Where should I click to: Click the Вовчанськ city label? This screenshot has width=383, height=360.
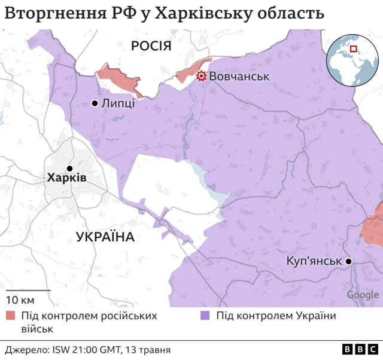240,77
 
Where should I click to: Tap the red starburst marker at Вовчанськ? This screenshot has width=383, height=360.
202,76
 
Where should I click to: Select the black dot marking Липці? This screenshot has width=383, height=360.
95,104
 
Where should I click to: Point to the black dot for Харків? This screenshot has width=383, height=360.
69,168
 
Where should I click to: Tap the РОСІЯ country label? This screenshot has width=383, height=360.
151,46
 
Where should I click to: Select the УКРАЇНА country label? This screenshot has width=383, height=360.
105,237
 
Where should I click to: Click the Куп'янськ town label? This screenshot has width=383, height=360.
314,262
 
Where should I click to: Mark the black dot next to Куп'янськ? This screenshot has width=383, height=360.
348,262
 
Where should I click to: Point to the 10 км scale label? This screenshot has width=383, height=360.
20,300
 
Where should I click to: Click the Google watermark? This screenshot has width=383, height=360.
362,295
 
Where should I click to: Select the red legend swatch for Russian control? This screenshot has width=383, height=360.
11,316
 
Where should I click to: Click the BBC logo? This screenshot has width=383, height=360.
359,349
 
